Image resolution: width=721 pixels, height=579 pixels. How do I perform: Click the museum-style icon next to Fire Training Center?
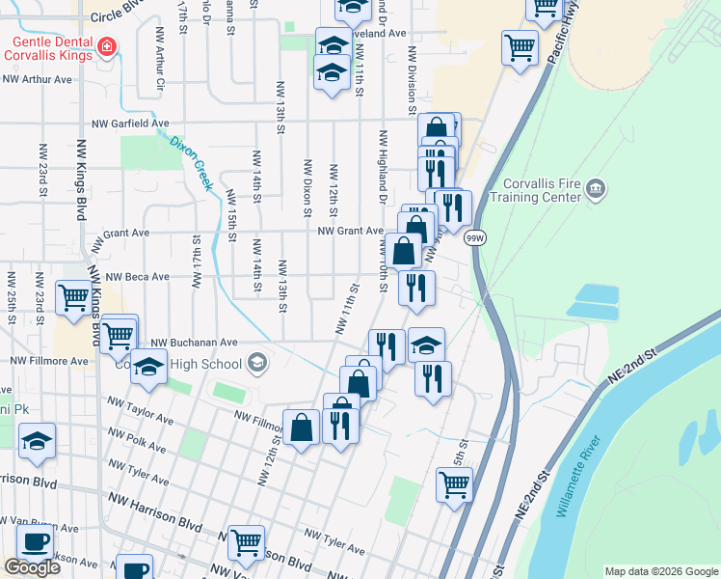pos(595,186)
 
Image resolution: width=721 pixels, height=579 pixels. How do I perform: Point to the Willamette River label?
pos(579,477)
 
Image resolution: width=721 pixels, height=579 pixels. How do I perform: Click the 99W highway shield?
pos(474,237)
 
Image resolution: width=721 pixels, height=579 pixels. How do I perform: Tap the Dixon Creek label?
pos(190,161)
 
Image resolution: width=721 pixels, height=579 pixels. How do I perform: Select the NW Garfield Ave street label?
pos(130,124)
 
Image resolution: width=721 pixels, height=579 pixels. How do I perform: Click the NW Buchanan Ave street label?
pos(200,342)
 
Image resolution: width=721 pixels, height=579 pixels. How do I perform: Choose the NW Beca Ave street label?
pos(137,276)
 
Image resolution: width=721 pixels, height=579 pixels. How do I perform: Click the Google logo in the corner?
pos(32,567)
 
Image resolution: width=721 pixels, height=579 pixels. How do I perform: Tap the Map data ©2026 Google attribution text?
pos(660,571)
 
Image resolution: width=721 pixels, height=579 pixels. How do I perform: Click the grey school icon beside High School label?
pos(257,363)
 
